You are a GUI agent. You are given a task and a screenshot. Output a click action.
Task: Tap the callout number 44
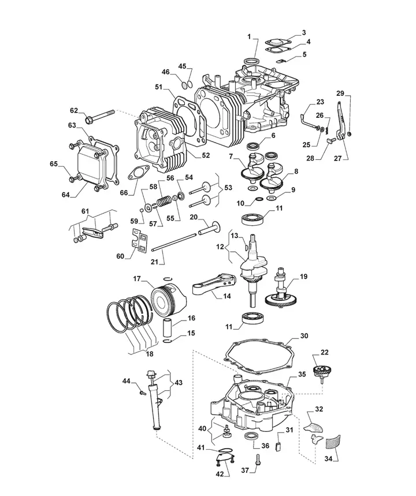pyautogui.click(x=126, y=381)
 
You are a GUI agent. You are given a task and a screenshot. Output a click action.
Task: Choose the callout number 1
pyautogui.click(x=249, y=37)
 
